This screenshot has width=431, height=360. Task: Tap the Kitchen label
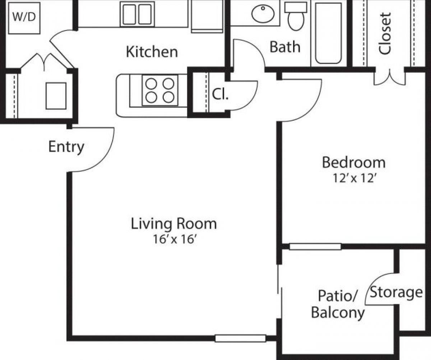(x=152, y=52)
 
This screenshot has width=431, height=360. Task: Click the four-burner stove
(x=160, y=90)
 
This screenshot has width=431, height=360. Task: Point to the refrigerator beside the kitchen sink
(x=207, y=16)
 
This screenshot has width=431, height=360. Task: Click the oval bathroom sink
(x=263, y=14)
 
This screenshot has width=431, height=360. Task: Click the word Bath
(x=285, y=47)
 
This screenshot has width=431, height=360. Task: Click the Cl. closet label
(x=219, y=94)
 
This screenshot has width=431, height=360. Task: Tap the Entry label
(x=66, y=147)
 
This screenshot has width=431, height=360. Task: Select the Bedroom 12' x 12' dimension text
(x=353, y=179)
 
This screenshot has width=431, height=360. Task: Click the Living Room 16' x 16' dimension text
(x=174, y=239)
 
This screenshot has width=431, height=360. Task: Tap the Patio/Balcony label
(x=338, y=304)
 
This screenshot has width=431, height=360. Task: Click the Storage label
(x=396, y=292)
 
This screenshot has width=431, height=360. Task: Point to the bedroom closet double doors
(x=389, y=77)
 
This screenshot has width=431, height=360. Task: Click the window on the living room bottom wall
(x=240, y=338)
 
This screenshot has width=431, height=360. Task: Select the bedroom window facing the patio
(x=315, y=247)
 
